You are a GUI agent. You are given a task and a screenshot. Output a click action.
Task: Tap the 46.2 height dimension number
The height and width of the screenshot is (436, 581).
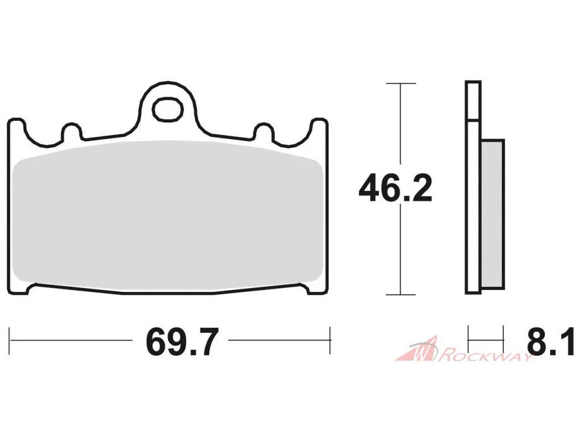tap(395, 188)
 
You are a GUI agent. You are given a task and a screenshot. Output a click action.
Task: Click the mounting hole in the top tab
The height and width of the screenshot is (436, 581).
tap(168, 109)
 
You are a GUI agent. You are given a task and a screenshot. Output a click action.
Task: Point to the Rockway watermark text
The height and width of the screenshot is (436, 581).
tap(486, 356)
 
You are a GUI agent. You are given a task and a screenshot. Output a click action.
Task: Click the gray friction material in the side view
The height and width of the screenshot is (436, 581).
tap(493, 214)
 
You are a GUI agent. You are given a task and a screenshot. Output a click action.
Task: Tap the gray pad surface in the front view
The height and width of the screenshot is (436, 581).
tap(167, 215)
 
